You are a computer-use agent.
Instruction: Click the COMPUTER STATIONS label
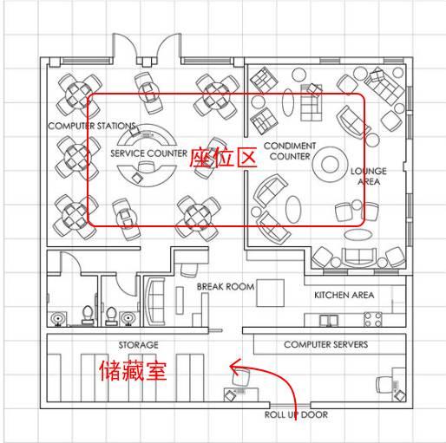[92, 126]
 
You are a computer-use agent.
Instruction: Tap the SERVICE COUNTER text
[149, 153]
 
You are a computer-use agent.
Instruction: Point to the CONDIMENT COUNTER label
[290, 151]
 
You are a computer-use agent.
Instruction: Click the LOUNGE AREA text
[369, 176]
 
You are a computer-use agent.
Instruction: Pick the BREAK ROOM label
[226, 287]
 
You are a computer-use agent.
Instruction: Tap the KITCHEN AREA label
[344, 295]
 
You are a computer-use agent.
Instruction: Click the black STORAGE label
[139, 345]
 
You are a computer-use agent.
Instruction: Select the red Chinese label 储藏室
[133, 370]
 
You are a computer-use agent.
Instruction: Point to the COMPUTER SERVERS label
[326, 344]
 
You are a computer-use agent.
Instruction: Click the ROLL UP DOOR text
[296, 414]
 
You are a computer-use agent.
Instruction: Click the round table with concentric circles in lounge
[330, 164]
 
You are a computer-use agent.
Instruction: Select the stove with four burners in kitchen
[373, 319]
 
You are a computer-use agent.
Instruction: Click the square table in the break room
[270, 293]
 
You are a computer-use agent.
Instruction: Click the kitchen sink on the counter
[329, 321]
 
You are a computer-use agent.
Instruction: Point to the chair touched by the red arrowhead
[241, 377]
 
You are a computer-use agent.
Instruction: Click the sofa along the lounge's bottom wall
[359, 257]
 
